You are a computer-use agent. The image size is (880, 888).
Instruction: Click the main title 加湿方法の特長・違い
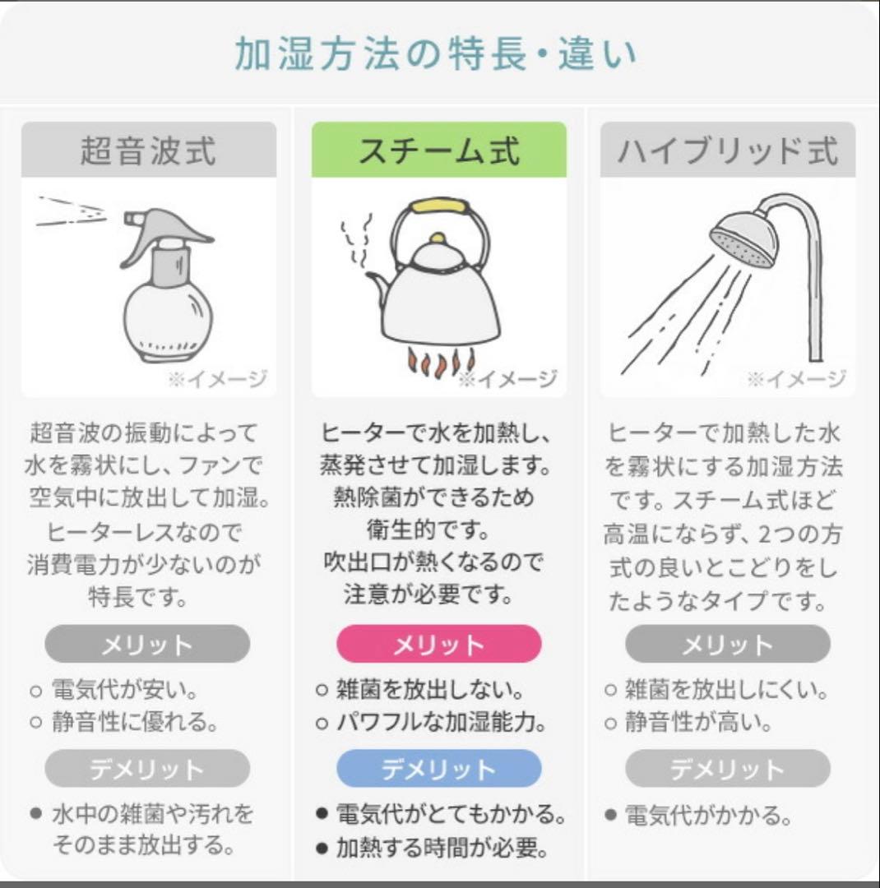[x=436, y=55]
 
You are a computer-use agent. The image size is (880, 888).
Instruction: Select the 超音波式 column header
[x=149, y=150]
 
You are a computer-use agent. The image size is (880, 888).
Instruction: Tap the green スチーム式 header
[x=438, y=150]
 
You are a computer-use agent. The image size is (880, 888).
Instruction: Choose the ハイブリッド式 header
[x=728, y=150]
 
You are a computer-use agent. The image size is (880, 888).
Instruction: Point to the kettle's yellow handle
[x=440, y=206]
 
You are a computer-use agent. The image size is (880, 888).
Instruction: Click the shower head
[x=744, y=238]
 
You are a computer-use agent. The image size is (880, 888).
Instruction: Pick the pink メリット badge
[x=438, y=644]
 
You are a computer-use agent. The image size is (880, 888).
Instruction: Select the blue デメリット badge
[x=438, y=769]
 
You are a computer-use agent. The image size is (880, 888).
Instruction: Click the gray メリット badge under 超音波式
[x=147, y=644]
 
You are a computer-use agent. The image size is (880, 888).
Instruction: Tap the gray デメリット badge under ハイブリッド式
[x=727, y=769]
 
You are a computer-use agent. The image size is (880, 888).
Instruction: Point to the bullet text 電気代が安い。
[x=124, y=689]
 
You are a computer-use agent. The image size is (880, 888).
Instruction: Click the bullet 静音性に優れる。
[x=135, y=724]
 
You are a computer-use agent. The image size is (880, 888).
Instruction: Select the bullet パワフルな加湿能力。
[x=441, y=724]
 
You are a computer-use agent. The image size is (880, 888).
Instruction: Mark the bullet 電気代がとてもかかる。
[x=451, y=815]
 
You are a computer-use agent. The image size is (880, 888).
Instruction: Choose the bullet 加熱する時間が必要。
[x=442, y=848]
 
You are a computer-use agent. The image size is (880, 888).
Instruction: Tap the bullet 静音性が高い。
[x=699, y=724]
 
